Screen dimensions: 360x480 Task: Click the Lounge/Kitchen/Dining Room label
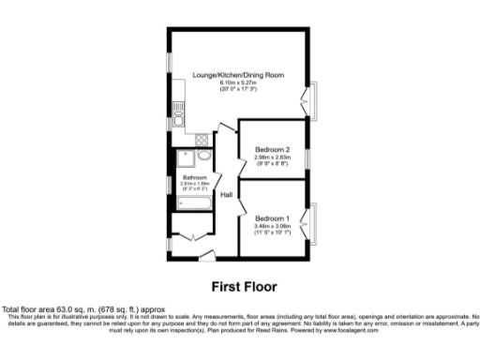(x=238, y=74)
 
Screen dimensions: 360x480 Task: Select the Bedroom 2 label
(x=273, y=149)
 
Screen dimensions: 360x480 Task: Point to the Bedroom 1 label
(x=273, y=217)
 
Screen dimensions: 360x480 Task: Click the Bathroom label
(x=194, y=177)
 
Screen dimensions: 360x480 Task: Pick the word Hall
(x=227, y=195)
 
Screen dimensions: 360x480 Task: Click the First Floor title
(x=240, y=286)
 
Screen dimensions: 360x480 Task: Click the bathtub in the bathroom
(x=193, y=203)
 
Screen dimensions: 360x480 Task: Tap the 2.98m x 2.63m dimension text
(x=273, y=157)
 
